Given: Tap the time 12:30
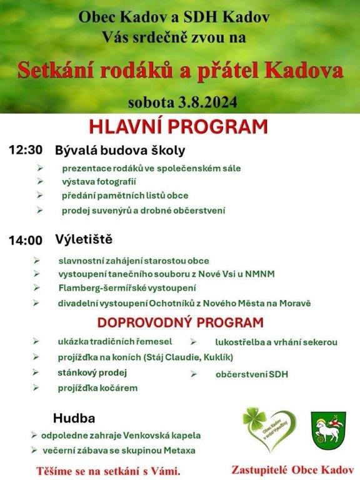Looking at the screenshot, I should (26, 150).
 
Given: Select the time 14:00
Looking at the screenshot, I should (26, 240).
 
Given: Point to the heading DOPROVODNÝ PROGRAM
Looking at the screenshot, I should (180, 323).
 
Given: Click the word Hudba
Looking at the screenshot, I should (74, 418).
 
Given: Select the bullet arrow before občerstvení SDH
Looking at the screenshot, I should (194, 374).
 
